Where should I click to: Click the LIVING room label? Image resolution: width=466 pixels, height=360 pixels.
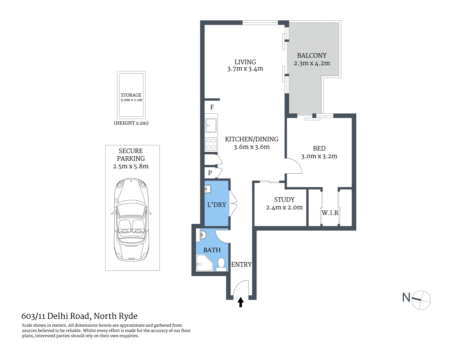pyautogui.click(x=245, y=62)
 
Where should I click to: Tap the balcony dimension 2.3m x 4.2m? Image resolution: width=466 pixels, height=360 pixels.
pyautogui.click(x=312, y=63)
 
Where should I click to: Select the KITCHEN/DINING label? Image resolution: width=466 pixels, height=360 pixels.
pyautogui.click(x=252, y=139)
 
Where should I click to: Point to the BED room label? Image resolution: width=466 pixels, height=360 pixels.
pyautogui.click(x=319, y=148)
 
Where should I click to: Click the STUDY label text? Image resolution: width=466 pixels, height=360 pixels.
pyautogui.click(x=284, y=200)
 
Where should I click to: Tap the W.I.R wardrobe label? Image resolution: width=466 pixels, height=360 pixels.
pyautogui.click(x=330, y=213)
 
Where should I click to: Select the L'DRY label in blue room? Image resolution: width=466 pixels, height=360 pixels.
pyautogui.click(x=216, y=205)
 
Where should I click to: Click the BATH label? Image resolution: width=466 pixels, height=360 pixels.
pyautogui.click(x=212, y=250)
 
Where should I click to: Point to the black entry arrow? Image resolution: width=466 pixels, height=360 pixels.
pyautogui.click(x=241, y=302)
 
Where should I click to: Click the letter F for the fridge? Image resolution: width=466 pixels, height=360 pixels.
pyautogui.click(x=212, y=107)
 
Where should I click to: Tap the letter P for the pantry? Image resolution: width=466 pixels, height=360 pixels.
pyautogui.click(x=210, y=173)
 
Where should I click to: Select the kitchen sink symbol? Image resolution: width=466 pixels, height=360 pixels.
pyautogui.click(x=211, y=125)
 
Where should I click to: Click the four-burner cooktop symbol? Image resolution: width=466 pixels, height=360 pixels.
pyautogui.click(x=211, y=144)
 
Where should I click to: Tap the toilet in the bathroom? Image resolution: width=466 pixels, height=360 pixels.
pyautogui.click(x=221, y=264)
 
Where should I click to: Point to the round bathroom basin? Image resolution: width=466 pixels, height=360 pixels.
pyautogui.click(x=203, y=235)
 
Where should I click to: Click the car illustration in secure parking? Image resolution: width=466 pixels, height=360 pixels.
pyautogui.click(x=131, y=220)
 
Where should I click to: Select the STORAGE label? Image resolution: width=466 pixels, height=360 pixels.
pyautogui.click(x=131, y=95)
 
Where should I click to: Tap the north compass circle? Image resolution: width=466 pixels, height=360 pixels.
pyautogui.click(x=421, y=300)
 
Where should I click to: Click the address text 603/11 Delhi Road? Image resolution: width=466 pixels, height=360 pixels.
pyautogui.click(x=55, y=316)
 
